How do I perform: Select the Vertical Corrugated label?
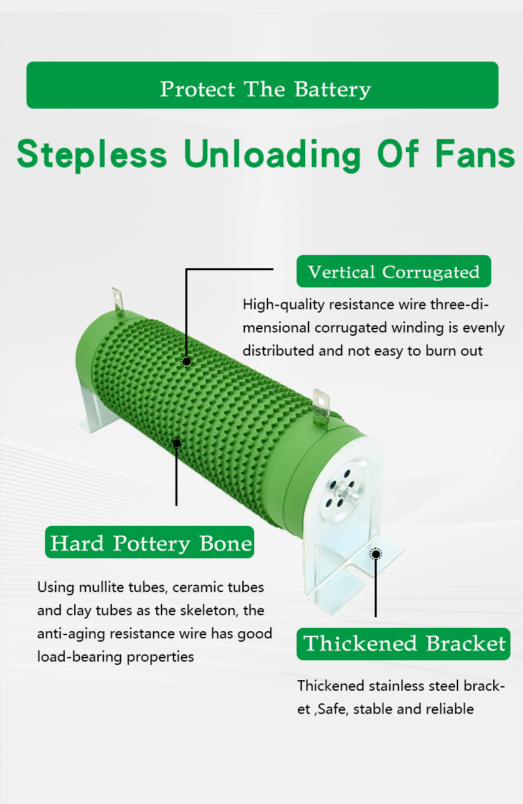coord(393,272)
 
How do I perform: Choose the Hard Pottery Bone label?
coord(150,543)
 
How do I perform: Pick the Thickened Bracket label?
coord(404,644)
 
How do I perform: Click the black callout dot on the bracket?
coord(375,554)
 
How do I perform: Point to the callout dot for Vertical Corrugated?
coord(187,361)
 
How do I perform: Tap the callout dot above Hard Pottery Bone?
coord(177,442)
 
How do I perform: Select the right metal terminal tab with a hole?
coord(322,404)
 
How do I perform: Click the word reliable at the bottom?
coord(452,709)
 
